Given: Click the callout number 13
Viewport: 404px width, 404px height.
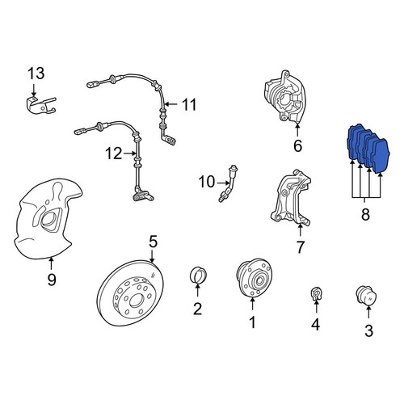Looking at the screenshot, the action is coord(36,74).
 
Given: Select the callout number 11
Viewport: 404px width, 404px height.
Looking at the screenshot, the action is coord(189,104).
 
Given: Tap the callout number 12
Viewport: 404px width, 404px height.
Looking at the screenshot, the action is coord(114,154).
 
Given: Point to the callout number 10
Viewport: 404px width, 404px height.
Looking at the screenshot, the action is coord(207,182).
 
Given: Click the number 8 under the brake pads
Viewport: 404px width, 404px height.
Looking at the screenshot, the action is coord(365,215).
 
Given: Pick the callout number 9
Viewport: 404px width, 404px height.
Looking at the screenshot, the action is coord(52,280).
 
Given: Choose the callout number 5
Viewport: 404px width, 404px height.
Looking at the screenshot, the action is coord(153,242).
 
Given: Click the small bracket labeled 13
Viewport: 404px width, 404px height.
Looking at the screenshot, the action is coord(41,106).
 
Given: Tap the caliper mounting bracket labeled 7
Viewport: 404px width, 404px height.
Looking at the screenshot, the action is coord(292,199).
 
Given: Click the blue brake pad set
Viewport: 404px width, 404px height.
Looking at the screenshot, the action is coord(368,149).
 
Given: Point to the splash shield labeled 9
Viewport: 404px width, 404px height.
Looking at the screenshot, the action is coord(46,219).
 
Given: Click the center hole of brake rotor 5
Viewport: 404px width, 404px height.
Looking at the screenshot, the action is coord(135,301).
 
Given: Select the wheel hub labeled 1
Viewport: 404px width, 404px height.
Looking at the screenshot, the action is coord(254,278).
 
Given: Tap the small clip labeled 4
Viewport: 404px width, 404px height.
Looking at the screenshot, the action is coord(316,294).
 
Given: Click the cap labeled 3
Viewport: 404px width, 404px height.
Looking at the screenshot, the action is coord(366,296).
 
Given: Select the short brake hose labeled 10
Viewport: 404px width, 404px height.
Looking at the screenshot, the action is coord(229,183).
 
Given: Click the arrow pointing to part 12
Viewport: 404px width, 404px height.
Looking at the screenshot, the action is coord(130,154).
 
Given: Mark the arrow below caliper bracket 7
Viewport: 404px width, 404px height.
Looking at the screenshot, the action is coord(300,231).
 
